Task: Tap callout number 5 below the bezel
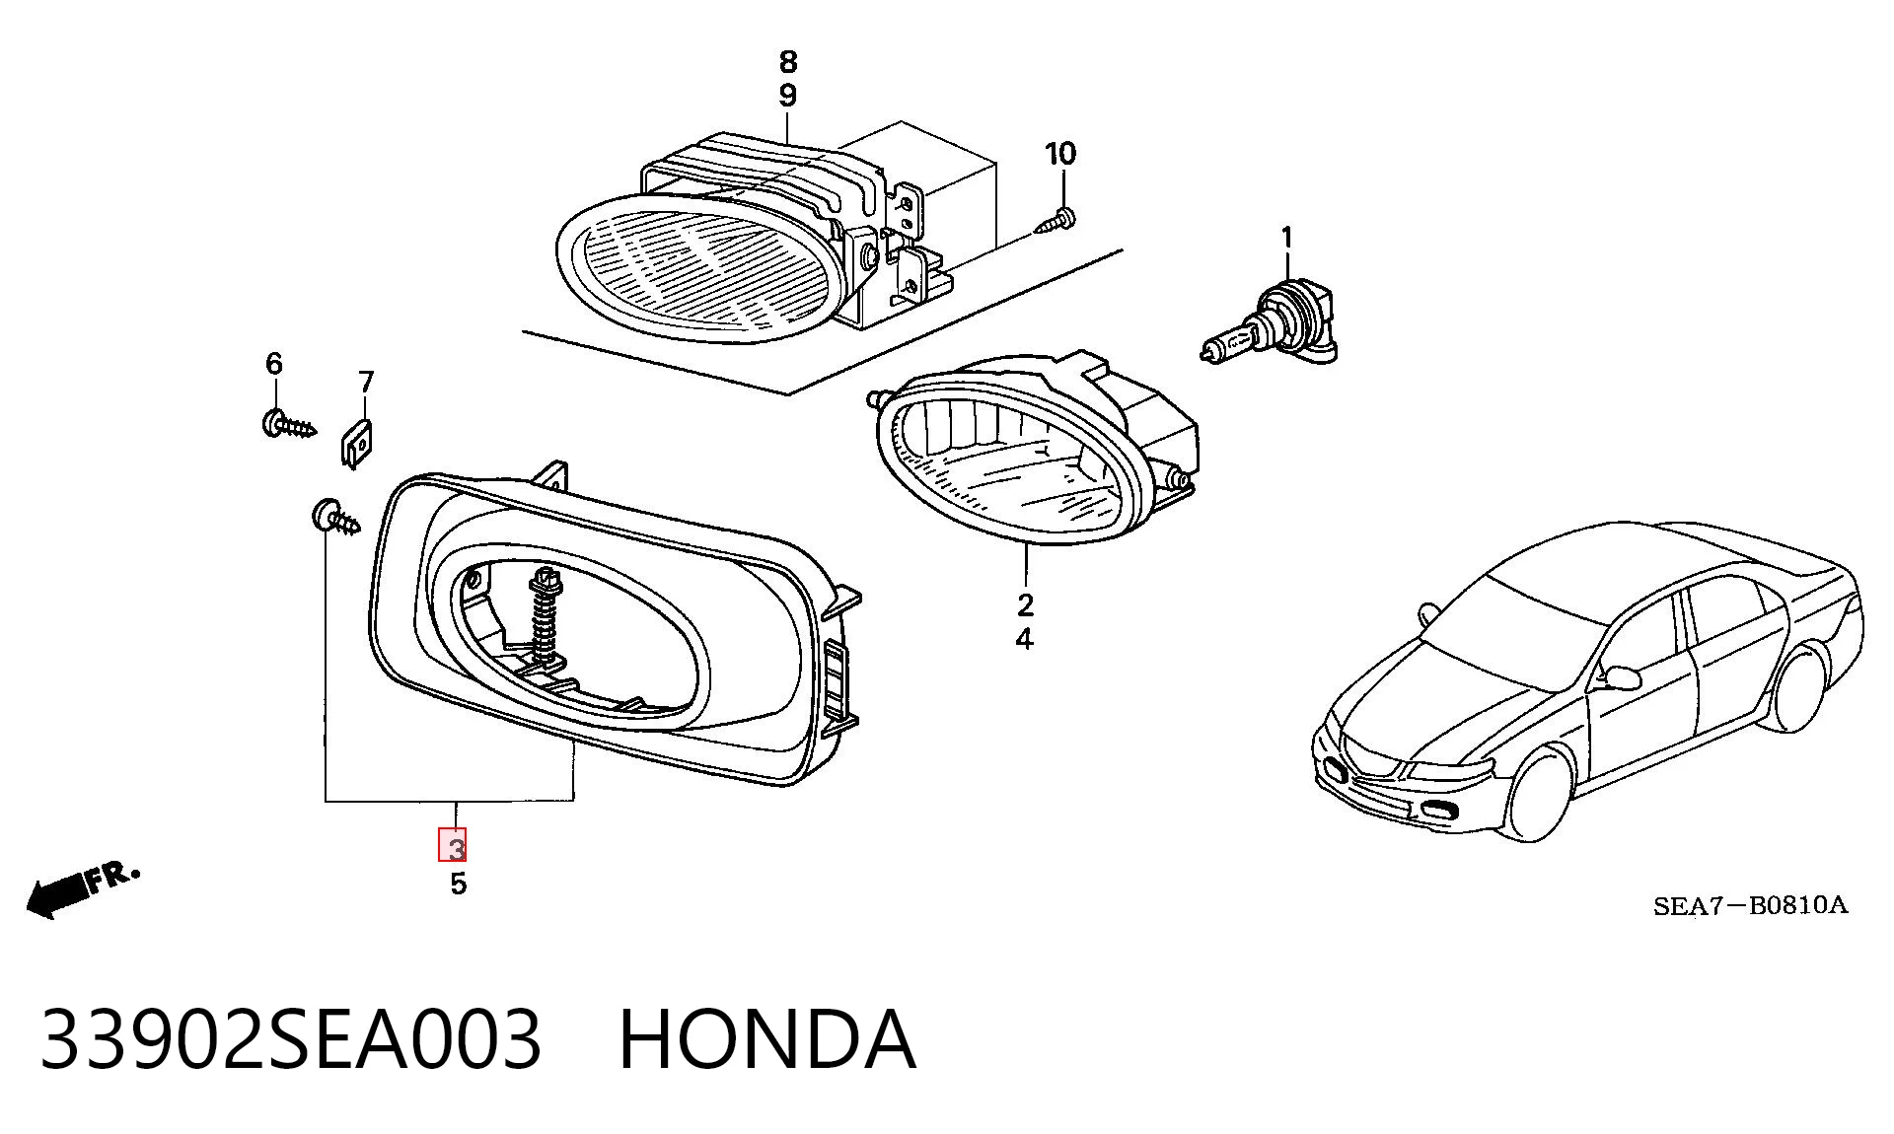tap(458, 884)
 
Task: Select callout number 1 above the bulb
tap(1286, 238)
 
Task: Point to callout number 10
tap(1060, 154)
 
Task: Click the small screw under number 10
tap(1055, 220)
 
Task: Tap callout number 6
tap(274, 364)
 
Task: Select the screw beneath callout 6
tap(288, 424)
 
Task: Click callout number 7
tap(366, 382)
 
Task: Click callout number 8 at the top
tap(787, 62)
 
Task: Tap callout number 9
tap(787, 96)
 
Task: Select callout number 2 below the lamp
tap(1025, 604)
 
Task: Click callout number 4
tap(1025, 639)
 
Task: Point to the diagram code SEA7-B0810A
tap(1750, 905)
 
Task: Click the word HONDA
tap(767, 1039)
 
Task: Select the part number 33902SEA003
tap(291, 1039)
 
